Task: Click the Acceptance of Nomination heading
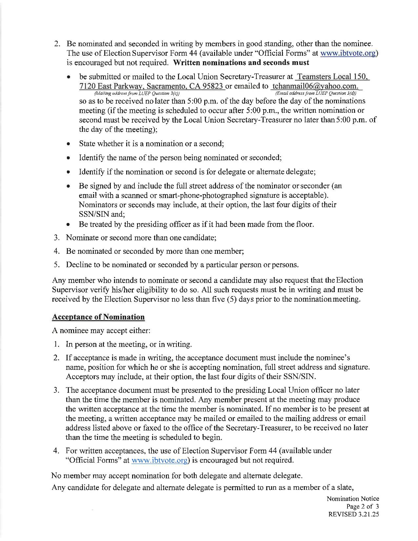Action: pos(98,317)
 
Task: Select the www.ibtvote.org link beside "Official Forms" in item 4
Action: pos(159,460)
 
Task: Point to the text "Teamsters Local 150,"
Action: pos(332,77)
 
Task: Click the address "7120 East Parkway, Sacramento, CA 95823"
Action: pos(152,86)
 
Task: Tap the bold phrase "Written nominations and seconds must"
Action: pos(241,63)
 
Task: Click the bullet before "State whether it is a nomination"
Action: pos(68,144)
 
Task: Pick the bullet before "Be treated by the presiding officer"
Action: pos(68,225)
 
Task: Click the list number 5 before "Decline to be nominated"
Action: pos(56,265)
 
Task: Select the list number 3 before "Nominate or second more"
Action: pos(56,238)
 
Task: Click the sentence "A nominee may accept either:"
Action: pos(101,331)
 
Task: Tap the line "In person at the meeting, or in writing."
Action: pos(129,344)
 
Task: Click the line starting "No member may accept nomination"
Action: pos(177,475)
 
